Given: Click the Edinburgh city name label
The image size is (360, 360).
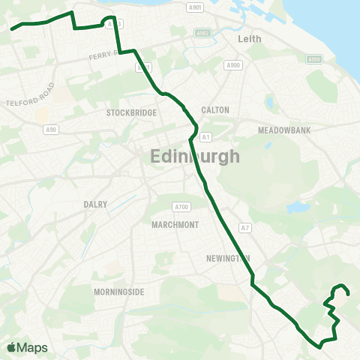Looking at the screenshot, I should click(x=195, y=157).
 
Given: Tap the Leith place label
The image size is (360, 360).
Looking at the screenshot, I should click(x=248, y=37).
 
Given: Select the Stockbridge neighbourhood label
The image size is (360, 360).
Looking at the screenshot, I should click(x=131, y=112).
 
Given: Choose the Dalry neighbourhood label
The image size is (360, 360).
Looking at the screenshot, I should click(x=95, y=204).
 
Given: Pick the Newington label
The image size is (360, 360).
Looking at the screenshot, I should click(x=227, y=259).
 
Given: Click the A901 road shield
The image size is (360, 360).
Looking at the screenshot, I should click(x=196, y=7).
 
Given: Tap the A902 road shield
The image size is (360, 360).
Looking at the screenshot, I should click(x=202, y=33).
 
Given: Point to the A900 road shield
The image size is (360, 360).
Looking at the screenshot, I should click(x=233, y=65).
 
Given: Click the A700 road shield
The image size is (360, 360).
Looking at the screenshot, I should click(x=181, y=207).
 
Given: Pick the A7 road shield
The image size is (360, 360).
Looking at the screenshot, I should click(x=244, y=227).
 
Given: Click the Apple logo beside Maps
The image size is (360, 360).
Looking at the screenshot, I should click(x=11, y=347).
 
